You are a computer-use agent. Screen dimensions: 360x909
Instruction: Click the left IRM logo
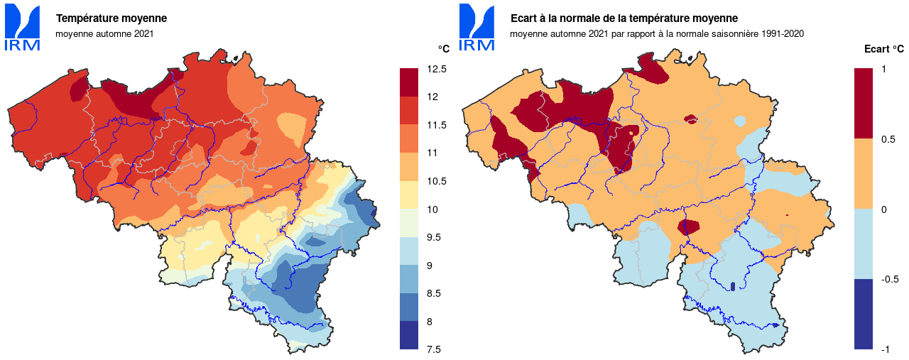pos(23,28)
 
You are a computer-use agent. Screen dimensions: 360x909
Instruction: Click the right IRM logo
pos(477,28)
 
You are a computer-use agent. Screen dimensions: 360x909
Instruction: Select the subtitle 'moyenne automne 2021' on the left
pos(104,33)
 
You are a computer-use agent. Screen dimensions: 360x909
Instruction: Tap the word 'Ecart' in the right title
pos(523,18)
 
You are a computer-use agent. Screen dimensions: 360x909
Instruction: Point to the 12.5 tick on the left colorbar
pos(437,69)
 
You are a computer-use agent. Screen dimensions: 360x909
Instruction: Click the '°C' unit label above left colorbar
pos(443,49)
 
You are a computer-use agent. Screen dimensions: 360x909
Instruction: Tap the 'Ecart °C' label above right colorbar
pos(883,49)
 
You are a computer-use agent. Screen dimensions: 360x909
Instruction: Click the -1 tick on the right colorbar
pos(886,349)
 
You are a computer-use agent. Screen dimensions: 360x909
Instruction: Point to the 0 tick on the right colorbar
pos(883,209)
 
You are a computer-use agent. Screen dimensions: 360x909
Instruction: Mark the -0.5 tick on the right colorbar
pos(888,279)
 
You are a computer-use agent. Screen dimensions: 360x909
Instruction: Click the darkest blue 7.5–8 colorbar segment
pos(409,335)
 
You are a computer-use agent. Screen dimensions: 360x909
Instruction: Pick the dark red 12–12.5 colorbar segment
pos(409,82)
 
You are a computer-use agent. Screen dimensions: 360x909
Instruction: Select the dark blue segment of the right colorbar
pos(863,314)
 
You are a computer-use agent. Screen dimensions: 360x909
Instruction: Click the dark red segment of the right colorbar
pos(863,103)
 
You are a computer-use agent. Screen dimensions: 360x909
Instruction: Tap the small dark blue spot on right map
pos(732,287)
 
